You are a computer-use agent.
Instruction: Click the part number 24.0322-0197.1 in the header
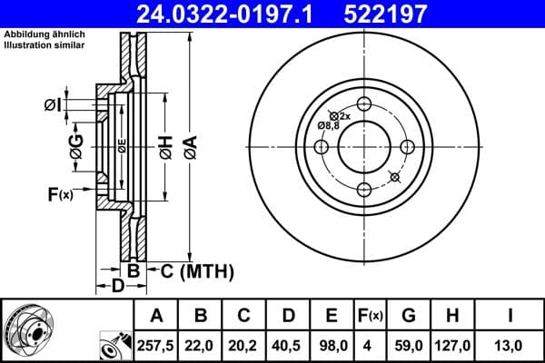pyautogui.click(x=234, y=14)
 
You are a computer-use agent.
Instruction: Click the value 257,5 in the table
pyautogui.click(x=157, y=345)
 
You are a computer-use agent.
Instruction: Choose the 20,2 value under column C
pyautogui.click(x=244, y=345)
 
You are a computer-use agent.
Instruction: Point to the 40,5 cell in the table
pyautogui.click(x=288, y=345)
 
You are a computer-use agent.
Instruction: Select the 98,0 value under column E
pyautogui.click(x=332, y=345)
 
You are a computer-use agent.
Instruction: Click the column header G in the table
pyautogui.click(x=409, y=316)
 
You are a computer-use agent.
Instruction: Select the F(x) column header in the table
pyautogui.click(x=371, y=316)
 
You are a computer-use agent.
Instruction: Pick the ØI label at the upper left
pyautogui.click(x=53, y=105)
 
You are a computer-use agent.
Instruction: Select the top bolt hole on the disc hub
pyautogui.click(x=365, y=103)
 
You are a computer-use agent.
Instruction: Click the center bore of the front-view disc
pyautogui.click(x=365, y=146)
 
